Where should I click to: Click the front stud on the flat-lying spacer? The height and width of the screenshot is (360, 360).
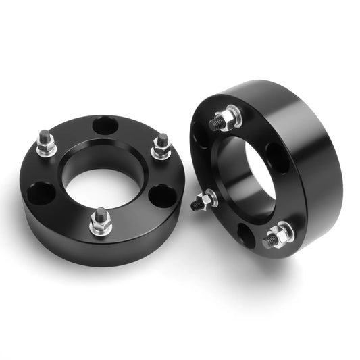click(100, 221)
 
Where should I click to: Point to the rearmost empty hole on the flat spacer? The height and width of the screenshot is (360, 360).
click(105, 126)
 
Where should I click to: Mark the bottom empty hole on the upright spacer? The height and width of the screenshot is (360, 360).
click(246, 235)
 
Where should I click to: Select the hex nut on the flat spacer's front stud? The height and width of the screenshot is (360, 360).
click(101, 227)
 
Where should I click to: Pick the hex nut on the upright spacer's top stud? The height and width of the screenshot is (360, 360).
click(228, 118)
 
